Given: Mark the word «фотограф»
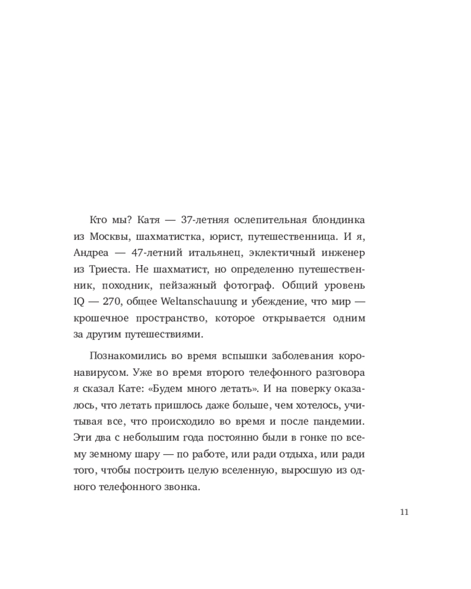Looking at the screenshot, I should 257,286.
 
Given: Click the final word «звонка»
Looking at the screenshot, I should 183,488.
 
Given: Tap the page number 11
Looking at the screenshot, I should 403,512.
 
